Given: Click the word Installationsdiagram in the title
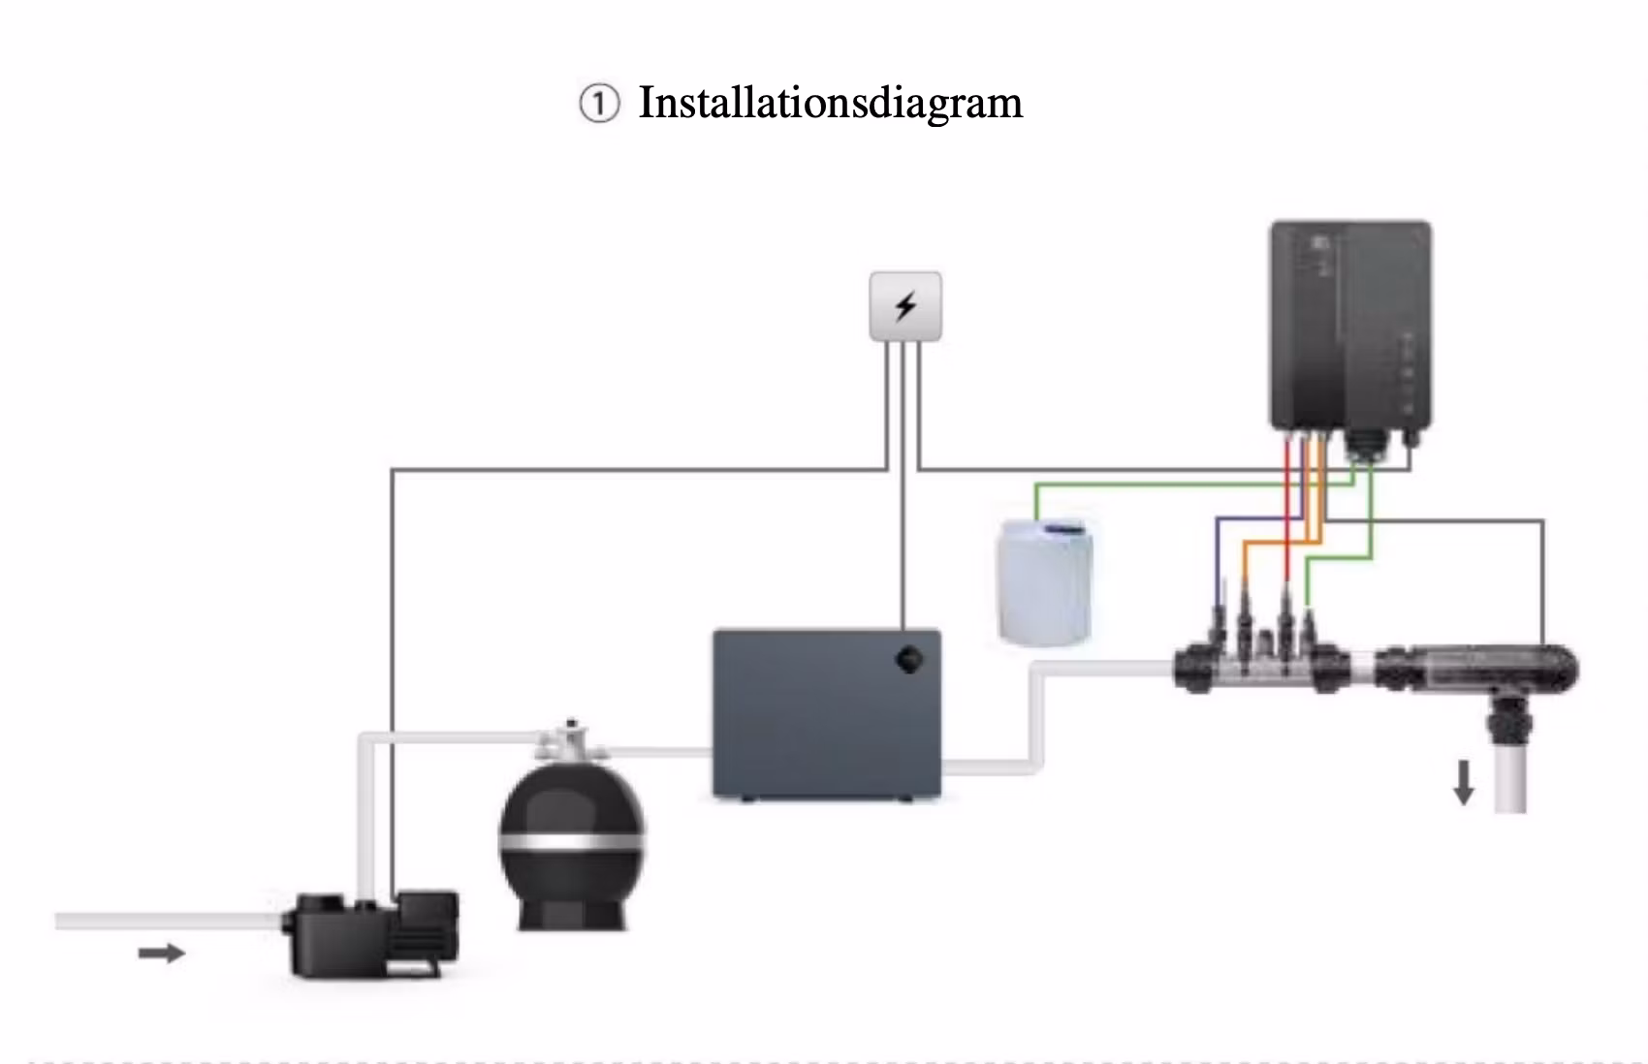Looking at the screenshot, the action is click(831, 103).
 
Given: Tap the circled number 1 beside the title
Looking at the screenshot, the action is click(599, 104).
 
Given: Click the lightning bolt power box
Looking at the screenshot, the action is click(904, 306).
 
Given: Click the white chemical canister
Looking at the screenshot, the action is click(1045, 581).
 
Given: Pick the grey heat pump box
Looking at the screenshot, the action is click(826, 714).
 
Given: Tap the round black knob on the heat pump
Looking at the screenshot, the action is click(909, 660).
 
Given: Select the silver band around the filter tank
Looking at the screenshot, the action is click(572, 841).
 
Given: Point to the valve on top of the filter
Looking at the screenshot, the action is click(572, 741).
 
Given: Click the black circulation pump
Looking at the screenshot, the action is click(370, 934).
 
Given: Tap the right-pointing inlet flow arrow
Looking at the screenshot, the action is click(162, 953).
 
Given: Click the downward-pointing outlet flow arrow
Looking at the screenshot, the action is click(1464, 782).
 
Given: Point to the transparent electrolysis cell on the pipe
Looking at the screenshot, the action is click(1475, 670).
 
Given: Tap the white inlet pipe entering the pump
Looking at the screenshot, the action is click(169, 921).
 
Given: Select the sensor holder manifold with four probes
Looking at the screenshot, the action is click(1262, 662).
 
